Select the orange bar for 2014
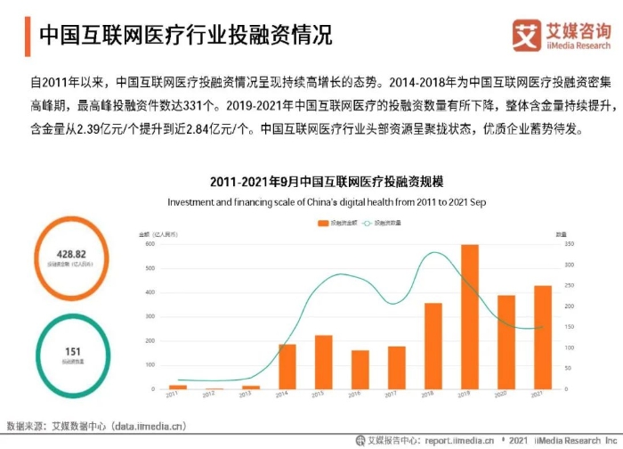pos(287,366)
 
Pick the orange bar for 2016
pos(360,370)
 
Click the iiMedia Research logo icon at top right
pos(528,35)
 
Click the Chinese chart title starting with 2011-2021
pos(328,184)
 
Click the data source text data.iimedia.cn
pos(148,426)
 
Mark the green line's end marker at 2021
pos(543,327)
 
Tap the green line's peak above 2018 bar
pos(433,253)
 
